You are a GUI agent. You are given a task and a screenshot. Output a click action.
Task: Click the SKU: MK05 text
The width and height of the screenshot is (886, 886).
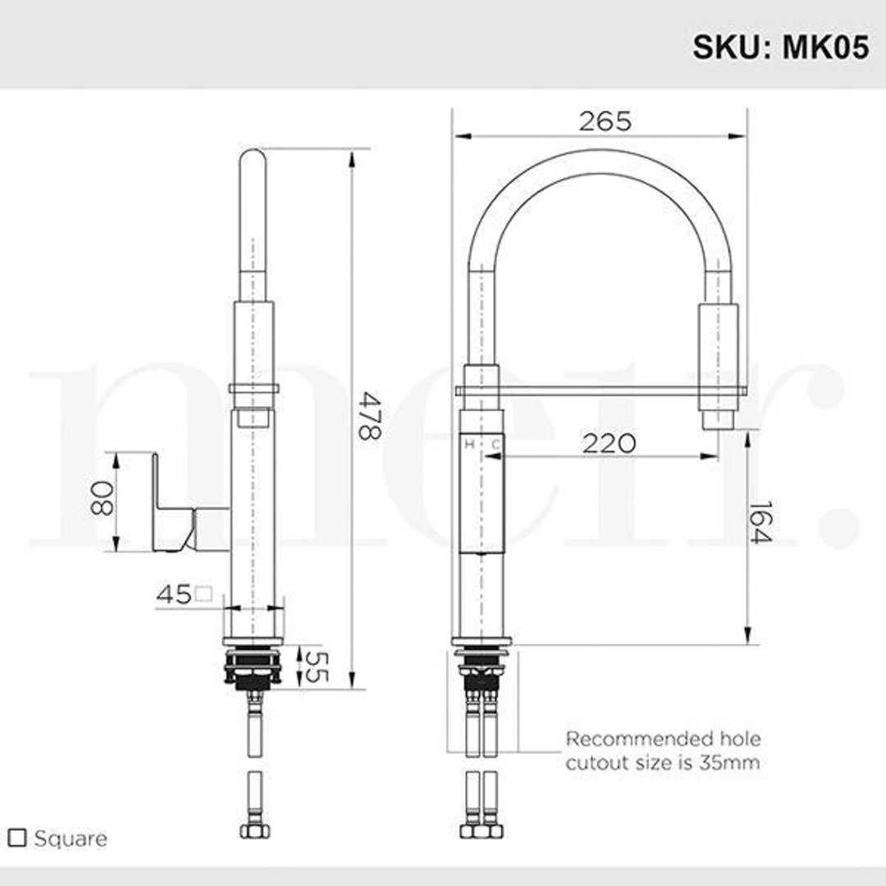[780, 46]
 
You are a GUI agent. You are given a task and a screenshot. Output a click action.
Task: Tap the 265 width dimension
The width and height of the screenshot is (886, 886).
[605, 121]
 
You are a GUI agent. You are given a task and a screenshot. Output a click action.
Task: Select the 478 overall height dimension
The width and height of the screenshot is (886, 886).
[368, 416]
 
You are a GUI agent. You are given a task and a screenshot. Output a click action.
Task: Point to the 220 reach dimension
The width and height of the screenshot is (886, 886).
[609, 444]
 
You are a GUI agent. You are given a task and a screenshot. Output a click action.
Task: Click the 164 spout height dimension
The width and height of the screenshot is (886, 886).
[761, 522]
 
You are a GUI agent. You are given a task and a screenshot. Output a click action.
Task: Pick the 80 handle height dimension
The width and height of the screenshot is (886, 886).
[102, 499]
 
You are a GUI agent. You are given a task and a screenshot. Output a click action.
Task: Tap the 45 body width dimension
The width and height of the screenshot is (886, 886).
[173, 594]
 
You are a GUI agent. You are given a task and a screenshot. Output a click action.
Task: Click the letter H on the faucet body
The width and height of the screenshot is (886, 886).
[470, 445]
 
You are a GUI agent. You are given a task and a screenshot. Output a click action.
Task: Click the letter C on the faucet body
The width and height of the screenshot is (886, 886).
[495, 445]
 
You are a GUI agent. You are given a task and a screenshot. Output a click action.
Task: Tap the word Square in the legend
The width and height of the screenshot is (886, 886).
[71, 838]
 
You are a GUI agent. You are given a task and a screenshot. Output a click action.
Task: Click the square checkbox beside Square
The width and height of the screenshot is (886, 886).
[16, 838]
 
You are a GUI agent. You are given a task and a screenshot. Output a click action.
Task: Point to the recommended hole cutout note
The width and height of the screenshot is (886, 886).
[662, 751]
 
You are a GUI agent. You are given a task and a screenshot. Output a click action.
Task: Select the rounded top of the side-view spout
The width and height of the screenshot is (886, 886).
[253, 160]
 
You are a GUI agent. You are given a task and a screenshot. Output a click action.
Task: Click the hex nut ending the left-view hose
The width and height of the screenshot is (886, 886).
[253, 830]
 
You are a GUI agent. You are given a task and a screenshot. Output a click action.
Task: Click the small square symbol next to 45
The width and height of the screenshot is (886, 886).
[204, 593]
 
